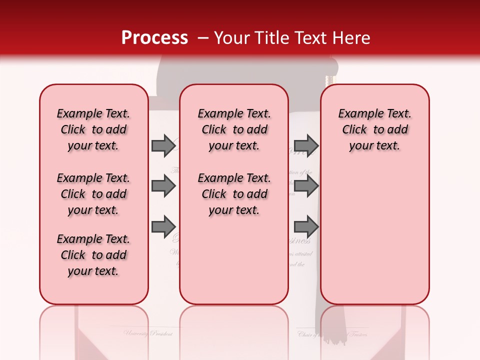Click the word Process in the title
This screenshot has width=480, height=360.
coord(154,38)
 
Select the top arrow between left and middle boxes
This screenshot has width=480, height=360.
coord(163,145)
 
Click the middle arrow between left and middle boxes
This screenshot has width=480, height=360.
coord(163,186)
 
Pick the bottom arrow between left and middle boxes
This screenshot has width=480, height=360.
coord(163,227)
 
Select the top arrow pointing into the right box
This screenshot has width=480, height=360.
coord(306,145)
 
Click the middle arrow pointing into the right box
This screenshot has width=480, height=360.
coord(306,186)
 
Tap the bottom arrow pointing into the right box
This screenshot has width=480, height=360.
coord(306,227)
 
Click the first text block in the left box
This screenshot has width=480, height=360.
coord(93,129)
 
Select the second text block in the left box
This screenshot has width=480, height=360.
coord(93,194)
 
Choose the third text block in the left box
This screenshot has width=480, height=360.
coord(93,255)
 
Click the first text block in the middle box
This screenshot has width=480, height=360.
coord(234,129)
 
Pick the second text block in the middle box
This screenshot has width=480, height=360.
coord(234,194)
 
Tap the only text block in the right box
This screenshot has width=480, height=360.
coord(374,129)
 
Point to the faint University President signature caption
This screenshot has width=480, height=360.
coord(148,333)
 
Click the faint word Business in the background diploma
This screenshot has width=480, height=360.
coord(299,240)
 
